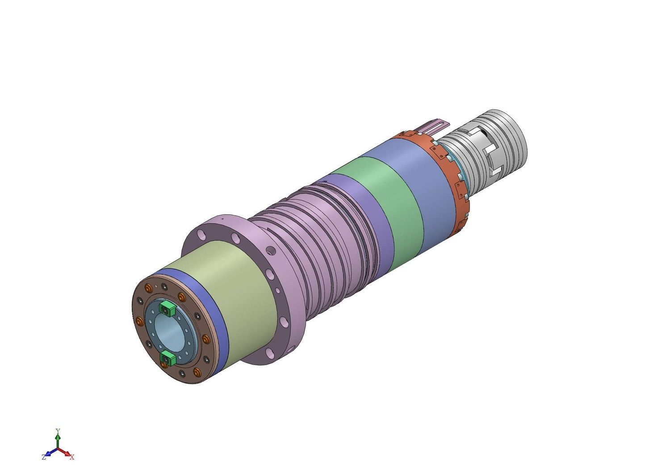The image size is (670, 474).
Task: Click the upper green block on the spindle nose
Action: click(x=167, y=308)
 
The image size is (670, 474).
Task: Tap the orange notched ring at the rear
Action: click(x=448, y=176)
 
